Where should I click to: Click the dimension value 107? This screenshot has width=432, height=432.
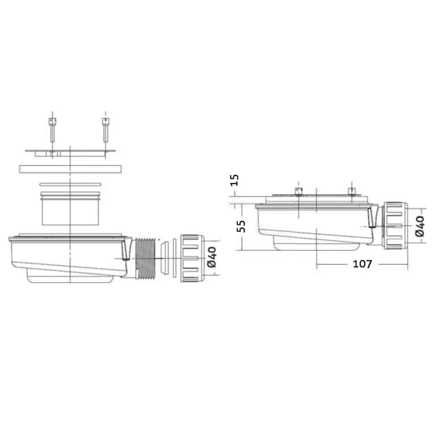tap(362, 264)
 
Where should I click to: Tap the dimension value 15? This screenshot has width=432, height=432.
tap(235, 180)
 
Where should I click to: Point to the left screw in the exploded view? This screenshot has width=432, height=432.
tap(52, 131)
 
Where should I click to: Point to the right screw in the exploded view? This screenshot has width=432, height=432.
tap(104, 131)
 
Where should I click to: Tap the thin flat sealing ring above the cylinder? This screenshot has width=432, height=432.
tap(70, 184)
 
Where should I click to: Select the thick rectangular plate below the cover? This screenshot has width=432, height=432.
tap(70, 168)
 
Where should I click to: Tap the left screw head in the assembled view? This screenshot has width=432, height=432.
tap(299, 192)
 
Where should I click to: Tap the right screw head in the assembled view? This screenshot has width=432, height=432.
tap(351, 192)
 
